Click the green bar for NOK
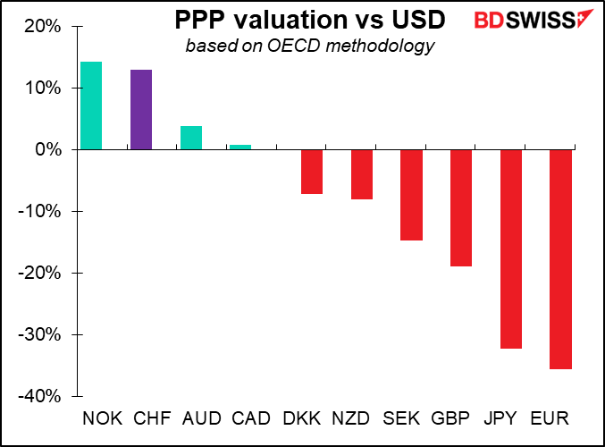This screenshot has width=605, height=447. (x=91, y=105)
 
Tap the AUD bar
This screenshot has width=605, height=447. (x=190, y=138)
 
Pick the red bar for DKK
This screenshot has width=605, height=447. (x=311, y=172)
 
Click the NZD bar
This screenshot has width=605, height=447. (x=361, y=174)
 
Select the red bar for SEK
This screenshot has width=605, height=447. (x=411, y=195)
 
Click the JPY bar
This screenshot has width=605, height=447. (x=511, y=249)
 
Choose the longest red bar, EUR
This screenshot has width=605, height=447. (x=560, y=259)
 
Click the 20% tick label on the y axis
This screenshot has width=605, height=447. (x=42, y=27)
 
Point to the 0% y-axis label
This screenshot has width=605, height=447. (x=48, y=149)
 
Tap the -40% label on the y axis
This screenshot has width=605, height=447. (x=39, y=396)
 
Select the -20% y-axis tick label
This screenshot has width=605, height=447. (x=39, y=273)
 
